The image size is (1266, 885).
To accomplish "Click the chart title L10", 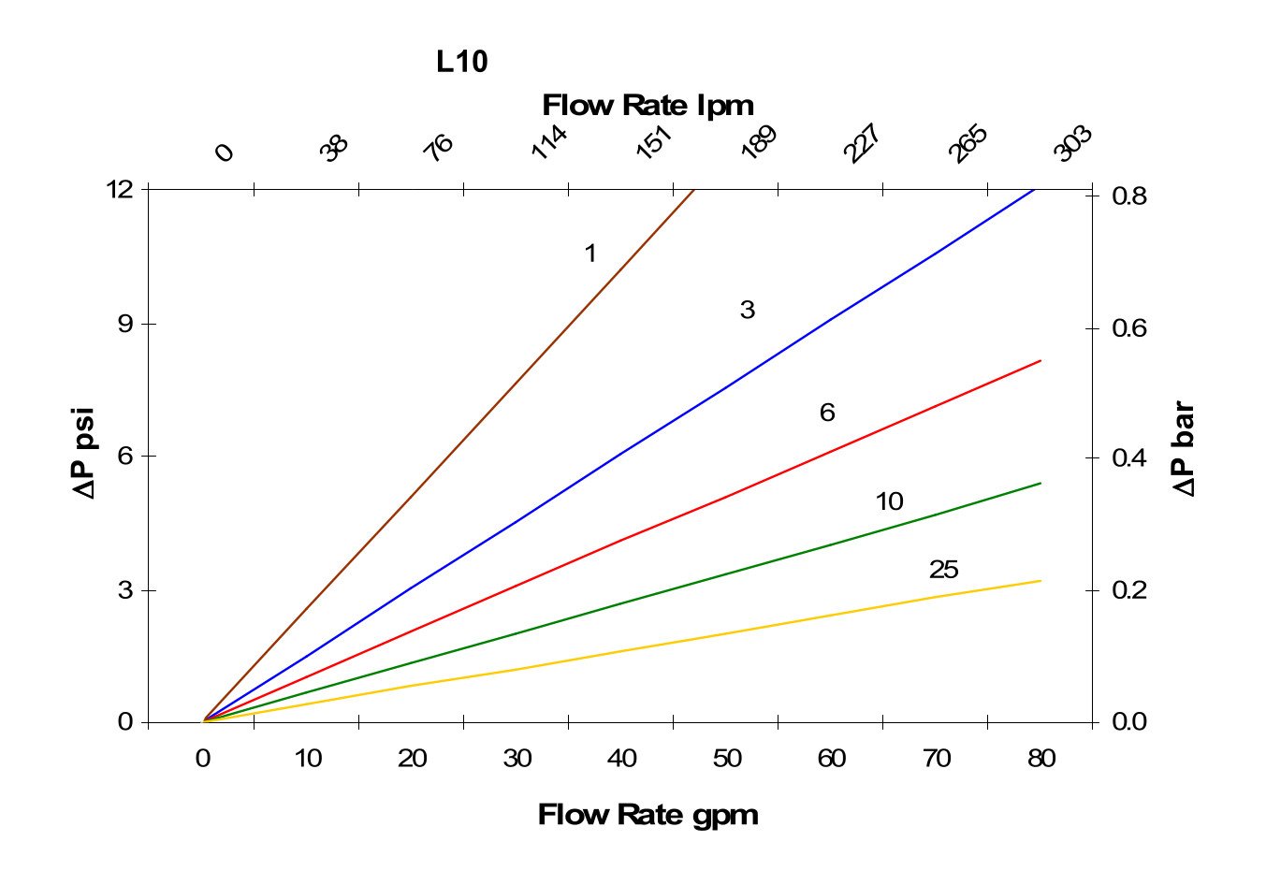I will [x=462, y=62].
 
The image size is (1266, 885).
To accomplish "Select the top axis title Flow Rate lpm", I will [x=648, y=105].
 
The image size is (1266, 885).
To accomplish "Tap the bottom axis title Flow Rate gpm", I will [x=648, y=815].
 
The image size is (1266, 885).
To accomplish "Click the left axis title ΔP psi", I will [x=85, y=453].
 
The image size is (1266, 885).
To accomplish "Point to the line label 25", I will [x=943, y=570].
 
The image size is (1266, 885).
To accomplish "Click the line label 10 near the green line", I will [x=889, y=501].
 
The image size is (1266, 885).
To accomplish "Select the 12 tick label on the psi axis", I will [x=120, y=189].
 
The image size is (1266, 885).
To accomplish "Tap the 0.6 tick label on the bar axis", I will [x=1129, y=328].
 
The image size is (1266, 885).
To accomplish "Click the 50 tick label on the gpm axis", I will [x=727, y=759].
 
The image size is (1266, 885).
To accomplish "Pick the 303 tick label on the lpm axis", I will [x=1072, y=143].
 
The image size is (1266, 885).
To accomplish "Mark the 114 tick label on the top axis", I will [x=548, y=143].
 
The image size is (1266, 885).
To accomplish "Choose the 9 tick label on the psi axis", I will [x=125, y=324].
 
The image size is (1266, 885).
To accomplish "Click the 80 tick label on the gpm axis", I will [x=1041, y=759].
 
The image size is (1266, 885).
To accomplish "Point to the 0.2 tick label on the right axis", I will [x=1129, y=590].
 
